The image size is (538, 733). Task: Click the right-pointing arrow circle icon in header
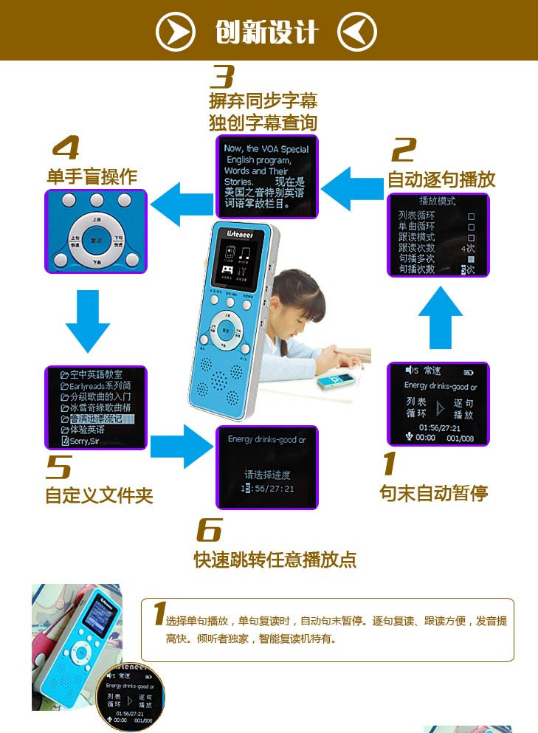coord(176,32)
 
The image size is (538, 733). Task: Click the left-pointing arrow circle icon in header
coord(356,32)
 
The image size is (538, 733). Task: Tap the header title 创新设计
coord(266,32)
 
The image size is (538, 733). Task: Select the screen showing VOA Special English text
coord(266,177)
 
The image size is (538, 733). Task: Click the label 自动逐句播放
coord(441,179)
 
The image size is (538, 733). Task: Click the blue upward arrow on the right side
coord(441,317)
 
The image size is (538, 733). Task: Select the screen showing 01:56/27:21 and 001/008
coord(438,404)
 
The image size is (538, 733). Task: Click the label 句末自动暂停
coord(433,493)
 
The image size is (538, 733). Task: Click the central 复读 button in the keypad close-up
coord(96,241)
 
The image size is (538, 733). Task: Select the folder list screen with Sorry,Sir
coord(96,408)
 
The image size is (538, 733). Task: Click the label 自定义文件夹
coord(99,495)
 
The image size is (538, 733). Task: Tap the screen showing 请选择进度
coord(266,467)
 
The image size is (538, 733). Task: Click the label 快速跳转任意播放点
coord(275,560)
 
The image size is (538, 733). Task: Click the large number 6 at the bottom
coord(209,529)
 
